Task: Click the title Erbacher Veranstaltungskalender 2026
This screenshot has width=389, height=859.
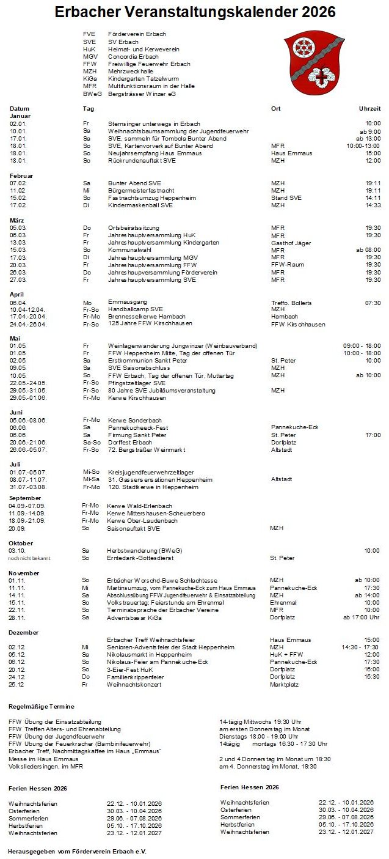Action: pos(195,12)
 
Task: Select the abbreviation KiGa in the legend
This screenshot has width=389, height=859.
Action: pos(90,79)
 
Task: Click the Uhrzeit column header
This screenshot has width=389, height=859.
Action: pos(369,108)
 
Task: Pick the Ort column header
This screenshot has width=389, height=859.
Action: pos(275,108)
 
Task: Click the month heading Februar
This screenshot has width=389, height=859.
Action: pos(21,175)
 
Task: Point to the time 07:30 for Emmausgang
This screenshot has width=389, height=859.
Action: pos(373,303)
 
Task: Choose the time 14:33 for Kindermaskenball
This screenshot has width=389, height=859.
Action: pos(373,205)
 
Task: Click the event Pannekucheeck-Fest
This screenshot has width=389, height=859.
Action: pos(138,427)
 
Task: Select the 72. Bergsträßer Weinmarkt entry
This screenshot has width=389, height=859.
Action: pos(147,450)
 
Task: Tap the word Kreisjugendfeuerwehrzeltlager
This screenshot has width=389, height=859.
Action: pos(151,472)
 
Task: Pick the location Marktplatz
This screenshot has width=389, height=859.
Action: pos(284,685)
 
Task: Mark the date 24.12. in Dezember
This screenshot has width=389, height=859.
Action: pos(17,677)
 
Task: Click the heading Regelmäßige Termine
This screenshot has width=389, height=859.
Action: pos(42,707)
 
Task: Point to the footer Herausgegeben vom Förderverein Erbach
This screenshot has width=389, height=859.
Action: pos(77,851)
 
